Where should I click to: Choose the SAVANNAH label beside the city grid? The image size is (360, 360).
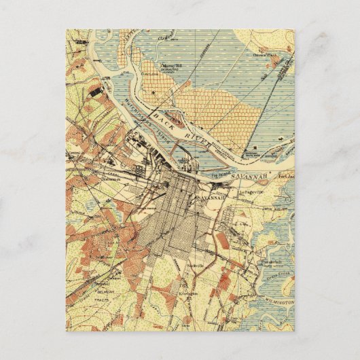213,196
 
